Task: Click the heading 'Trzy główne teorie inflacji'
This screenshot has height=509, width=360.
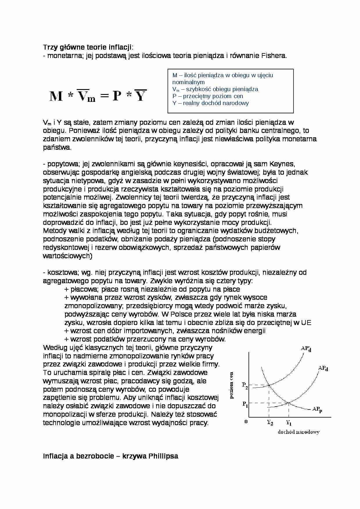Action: [87, 47]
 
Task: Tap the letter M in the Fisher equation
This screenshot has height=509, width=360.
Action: [56, 96]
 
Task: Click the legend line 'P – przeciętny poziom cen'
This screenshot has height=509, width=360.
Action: [208, 96]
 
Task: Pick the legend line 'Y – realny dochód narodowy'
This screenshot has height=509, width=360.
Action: [210, 103]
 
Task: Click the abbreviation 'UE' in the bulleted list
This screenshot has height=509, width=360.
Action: [306, 322]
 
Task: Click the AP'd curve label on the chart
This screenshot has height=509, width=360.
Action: [306, 349]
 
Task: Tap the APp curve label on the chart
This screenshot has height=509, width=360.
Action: [317, 409]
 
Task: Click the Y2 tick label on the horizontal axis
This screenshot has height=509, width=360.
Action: [270, 423]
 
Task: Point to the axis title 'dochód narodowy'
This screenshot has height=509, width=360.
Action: [298, 432]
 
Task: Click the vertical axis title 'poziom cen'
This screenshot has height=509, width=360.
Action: [232, 385]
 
